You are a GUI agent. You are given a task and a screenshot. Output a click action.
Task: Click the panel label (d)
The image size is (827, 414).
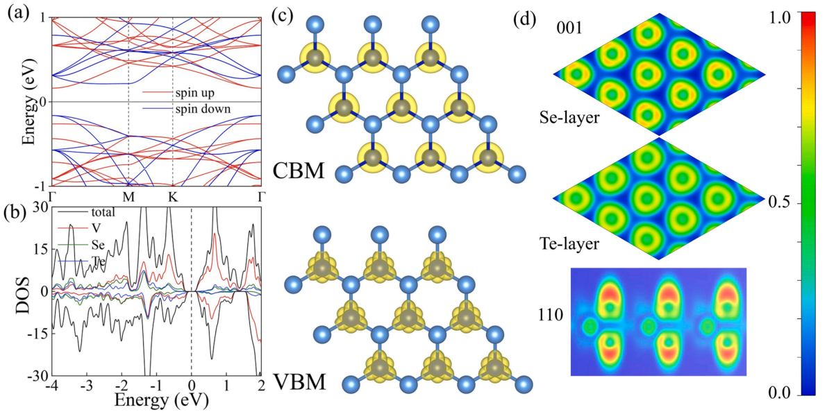tap(526, 19)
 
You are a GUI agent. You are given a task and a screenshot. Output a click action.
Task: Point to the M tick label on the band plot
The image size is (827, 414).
tap(129, 197)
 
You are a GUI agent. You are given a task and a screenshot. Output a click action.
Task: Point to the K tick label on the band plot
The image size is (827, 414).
tap(173, 197)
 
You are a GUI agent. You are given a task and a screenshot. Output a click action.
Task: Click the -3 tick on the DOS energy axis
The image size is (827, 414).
tap(87, 383)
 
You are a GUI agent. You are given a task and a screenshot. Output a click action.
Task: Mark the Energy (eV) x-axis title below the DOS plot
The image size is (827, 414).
tap(157, 400)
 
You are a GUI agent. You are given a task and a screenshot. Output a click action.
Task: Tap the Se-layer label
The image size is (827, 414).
tap(569, 117)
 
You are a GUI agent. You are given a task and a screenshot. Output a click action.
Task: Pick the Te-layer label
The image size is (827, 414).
tap(569, 243)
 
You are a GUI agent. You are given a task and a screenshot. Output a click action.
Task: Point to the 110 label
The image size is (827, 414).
tap(551, 315)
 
